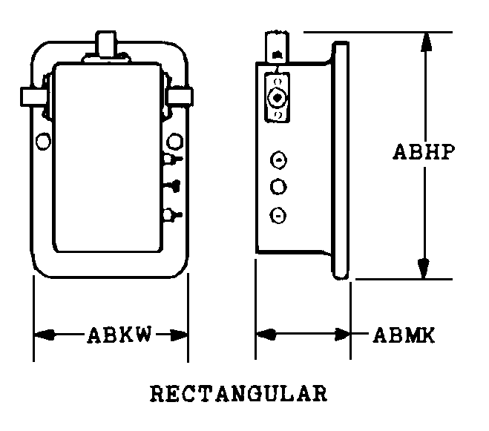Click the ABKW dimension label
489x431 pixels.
119,335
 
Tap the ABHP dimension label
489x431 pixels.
424,152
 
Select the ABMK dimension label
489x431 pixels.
404,335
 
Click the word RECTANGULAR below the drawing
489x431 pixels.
239,393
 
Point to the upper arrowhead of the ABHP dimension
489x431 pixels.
426,42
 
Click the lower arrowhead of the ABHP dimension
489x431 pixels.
424,269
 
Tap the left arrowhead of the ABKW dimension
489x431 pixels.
45,335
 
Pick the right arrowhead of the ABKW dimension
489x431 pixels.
178,335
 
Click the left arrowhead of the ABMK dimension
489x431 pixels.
266,335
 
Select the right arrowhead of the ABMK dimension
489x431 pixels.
342,335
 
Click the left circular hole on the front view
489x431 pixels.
43,141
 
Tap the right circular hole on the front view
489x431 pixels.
174,141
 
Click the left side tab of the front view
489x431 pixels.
33,97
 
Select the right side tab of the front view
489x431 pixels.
179,96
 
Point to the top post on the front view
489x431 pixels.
106,44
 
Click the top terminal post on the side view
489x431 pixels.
277,47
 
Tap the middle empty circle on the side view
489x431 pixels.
278,187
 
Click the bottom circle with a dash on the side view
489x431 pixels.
278,215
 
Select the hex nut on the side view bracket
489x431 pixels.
277,98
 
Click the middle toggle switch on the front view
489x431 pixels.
172,186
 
